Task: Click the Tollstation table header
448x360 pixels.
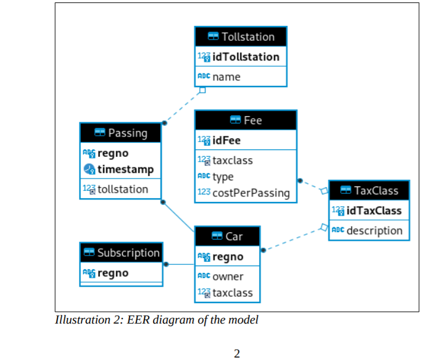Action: (241, 36)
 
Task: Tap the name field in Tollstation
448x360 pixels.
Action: (226, 77)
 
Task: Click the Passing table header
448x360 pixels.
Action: (121, 133)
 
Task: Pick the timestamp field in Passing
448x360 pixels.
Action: (125, 169)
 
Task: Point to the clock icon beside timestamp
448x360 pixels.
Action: (88, 170)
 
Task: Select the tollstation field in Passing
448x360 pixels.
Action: (123, 189)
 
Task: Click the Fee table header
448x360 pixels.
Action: (246, 120)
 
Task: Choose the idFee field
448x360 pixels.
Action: (226, 141)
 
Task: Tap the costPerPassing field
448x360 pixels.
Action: (251, 193)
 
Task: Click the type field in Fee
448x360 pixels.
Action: (223, 177)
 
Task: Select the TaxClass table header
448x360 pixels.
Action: (369, 190)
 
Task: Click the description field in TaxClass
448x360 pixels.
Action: (374, 230)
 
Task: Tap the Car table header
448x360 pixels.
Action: (227, 237)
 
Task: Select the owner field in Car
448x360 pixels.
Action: (228, 277)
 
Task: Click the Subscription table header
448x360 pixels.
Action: (122, 253)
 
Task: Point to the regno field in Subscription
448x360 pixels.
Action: (113, 273)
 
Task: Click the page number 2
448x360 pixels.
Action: (237, 353)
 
